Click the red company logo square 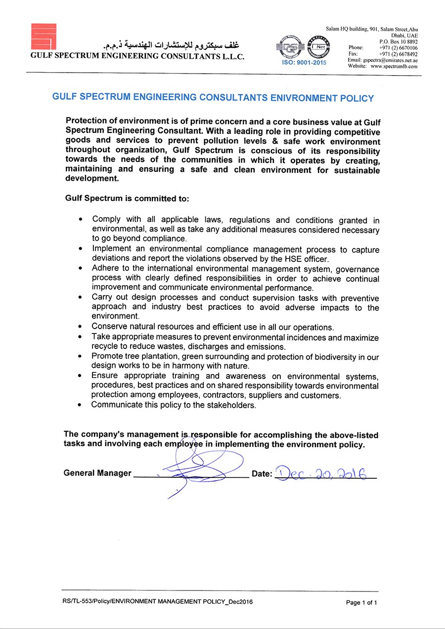(44, 36)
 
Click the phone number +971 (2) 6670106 (398, 48)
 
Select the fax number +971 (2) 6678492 (398, 54)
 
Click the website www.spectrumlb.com (394, 66)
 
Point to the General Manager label (97, 473)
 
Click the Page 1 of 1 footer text (361, 603)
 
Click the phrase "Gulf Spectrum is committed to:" (127, 199)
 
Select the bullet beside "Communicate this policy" (80, 405)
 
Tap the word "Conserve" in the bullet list (109, 327)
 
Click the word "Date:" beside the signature (262, 474)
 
